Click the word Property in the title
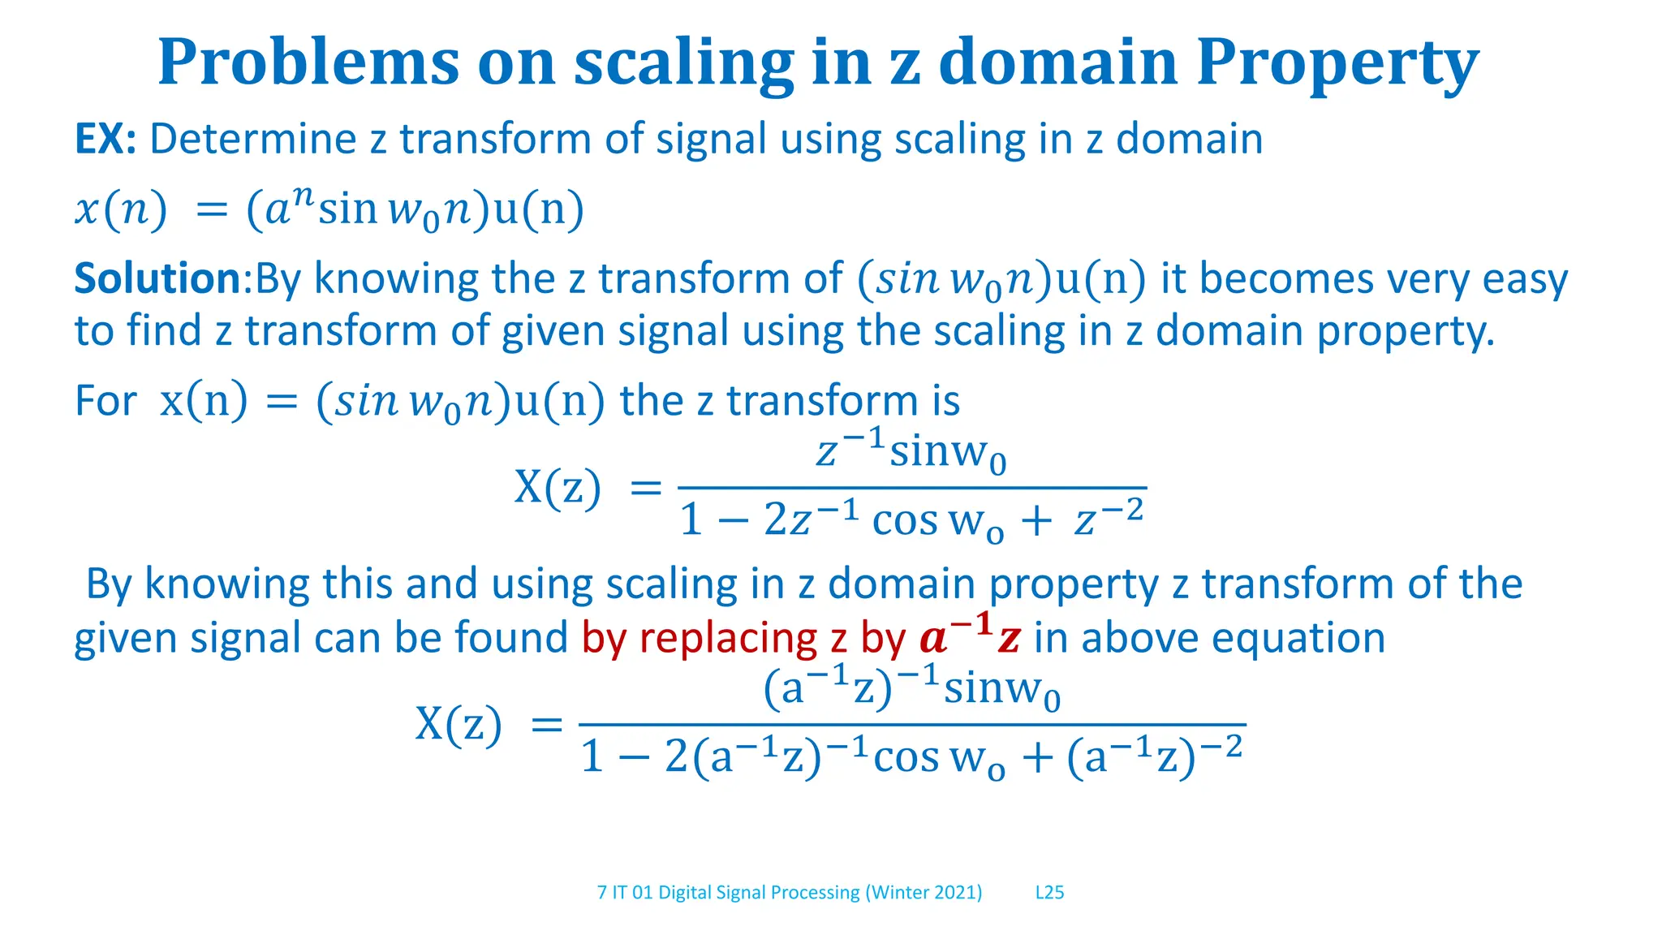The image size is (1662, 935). tap(1337, 63)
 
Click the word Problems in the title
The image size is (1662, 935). tap(308, 63)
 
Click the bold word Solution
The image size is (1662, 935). tap(157, 278)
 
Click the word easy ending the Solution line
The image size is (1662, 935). tap(1525, 280)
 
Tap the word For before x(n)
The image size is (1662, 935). tap(105, 401)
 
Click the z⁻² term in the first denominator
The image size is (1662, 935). tap(1109, 519)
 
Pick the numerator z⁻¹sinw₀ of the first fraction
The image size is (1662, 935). tap(911, 451)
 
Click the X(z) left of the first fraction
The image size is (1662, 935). tap(558, 488)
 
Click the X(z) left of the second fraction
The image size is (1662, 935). tap(459, 724)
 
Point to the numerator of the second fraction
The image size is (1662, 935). tap(911, 688)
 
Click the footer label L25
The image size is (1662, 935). tap(1049, 893)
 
